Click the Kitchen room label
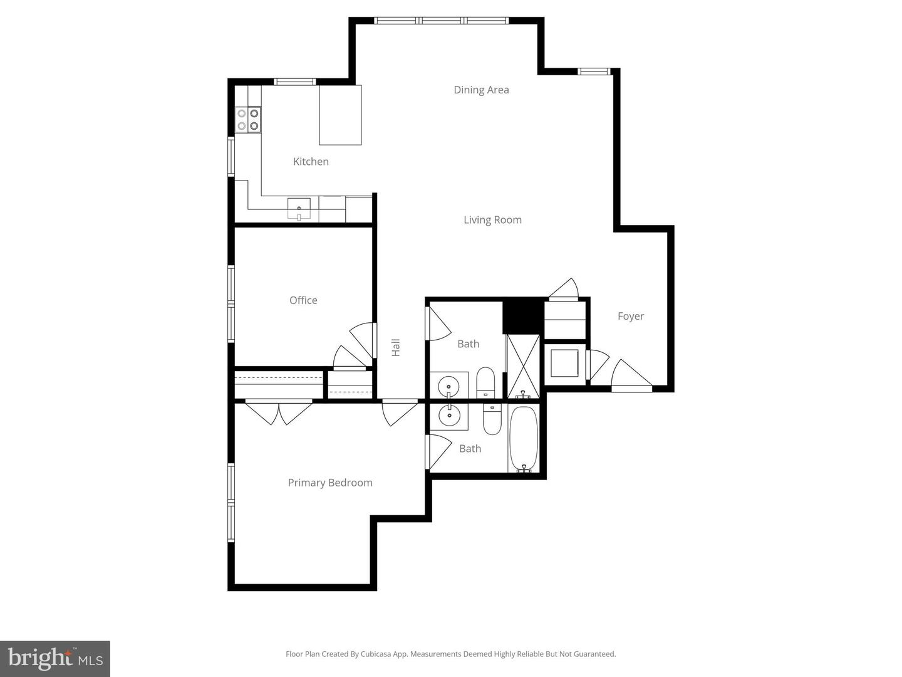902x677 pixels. (x=311, y=162)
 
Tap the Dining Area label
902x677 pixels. (x=481, y=90)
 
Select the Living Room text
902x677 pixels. (x=492, y=220)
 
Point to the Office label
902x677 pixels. (x=303, y=300)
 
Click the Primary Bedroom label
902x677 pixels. (x=330, y=483)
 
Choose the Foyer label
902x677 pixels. (x=630, y=317)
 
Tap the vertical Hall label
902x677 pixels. (x=396, y=348)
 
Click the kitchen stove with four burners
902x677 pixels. (x=248, y=120)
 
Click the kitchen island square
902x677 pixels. (x=340, y=115)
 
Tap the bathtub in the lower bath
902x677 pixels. (x=523, y=438)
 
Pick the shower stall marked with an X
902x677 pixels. (x=522, y=366)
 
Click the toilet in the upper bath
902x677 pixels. (x=486, y=383)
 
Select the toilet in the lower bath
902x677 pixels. (x=492, y=419)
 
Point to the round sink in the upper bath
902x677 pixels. (x=448, y=385)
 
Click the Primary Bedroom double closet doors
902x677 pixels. (x=279, y=412)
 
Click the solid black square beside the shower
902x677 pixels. (x=523, y=316)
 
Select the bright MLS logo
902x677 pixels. (x=55, y=659)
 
